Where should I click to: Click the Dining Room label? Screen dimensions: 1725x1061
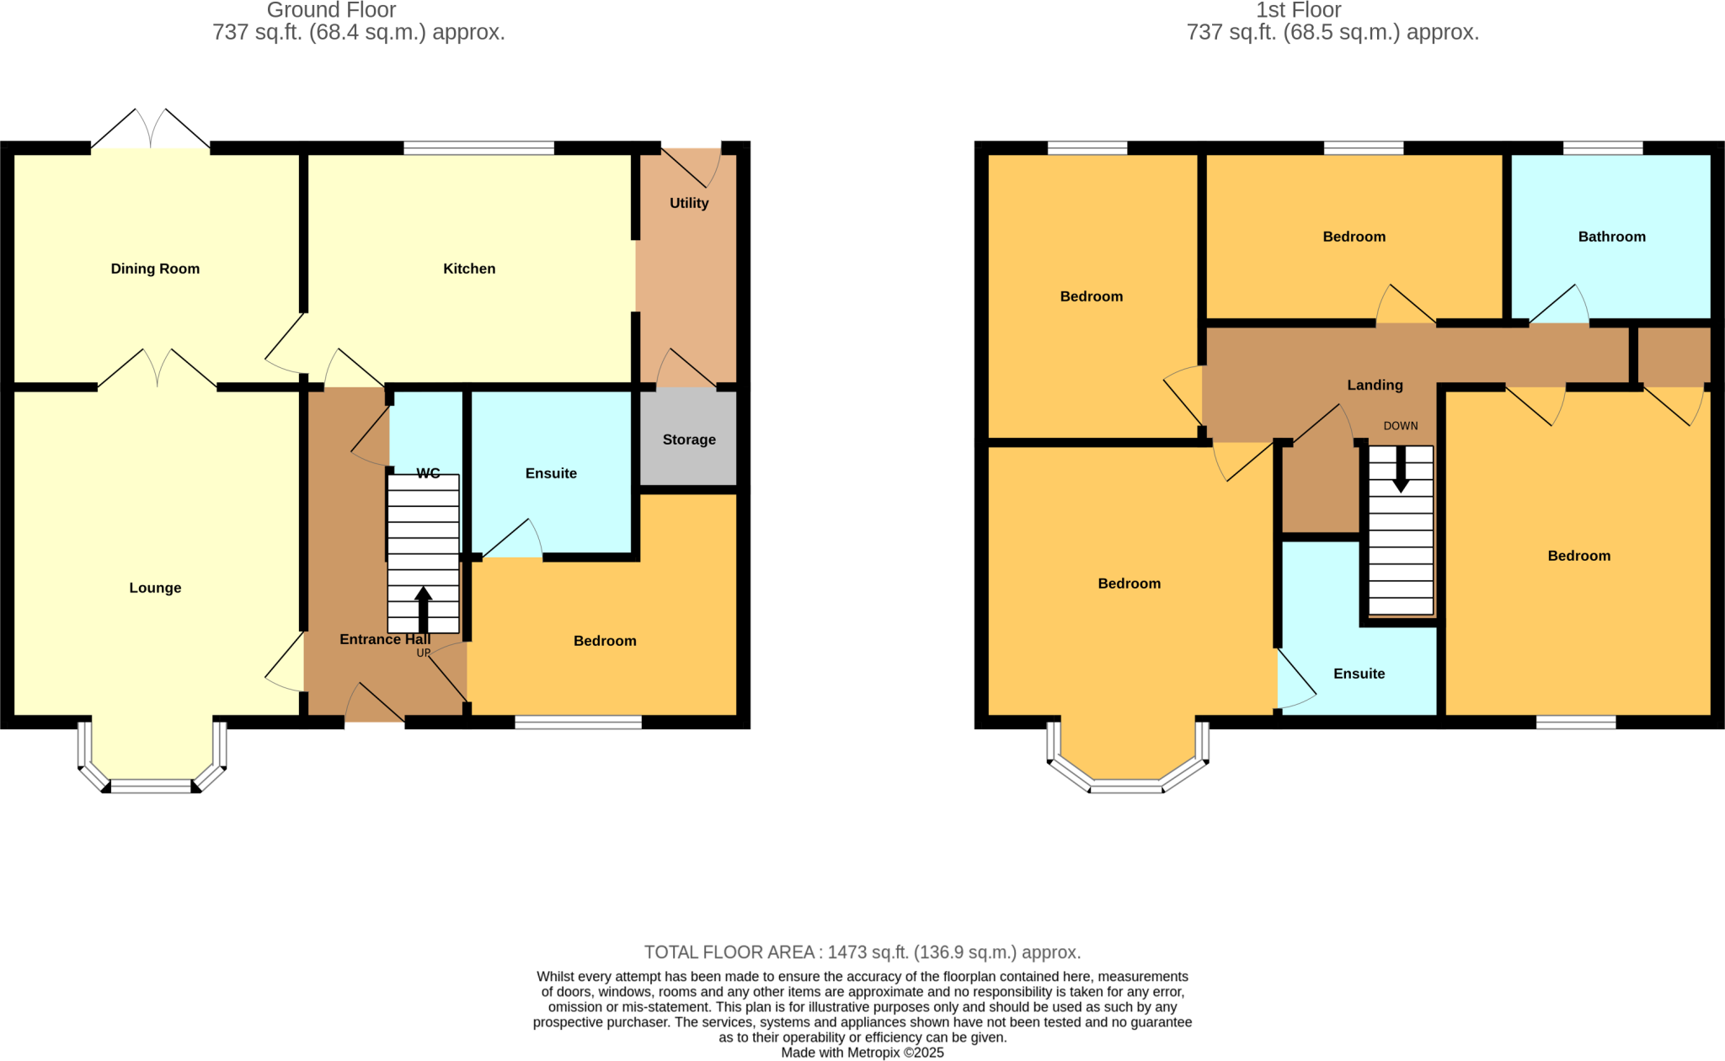click(155, 269)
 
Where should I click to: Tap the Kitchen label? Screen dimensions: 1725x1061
click(469, 269)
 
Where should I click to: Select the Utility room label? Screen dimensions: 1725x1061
click(689, 203)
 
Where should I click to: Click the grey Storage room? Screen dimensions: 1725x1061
click(689, 439)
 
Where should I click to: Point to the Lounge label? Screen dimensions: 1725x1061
click(155, 588)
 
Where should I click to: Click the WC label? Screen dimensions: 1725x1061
click(428, 473)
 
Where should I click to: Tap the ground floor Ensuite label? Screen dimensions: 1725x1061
click(551, 473)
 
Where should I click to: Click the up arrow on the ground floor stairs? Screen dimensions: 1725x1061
click(424, 610)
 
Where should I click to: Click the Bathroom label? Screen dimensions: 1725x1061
click(1611, 237)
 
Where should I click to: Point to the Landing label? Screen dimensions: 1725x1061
click(1375, 385)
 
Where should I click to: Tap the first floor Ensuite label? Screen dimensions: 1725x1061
click(1359, 674)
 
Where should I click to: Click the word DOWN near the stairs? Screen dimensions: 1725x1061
click(1401, 426)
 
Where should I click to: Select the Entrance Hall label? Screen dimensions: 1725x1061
click(385, 639)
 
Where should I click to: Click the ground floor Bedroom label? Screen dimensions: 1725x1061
click(605, 641)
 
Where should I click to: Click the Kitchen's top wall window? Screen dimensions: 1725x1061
click(478, 148)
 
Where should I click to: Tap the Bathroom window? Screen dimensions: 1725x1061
click(1603, 148)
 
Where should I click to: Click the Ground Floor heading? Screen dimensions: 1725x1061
click(331, 10)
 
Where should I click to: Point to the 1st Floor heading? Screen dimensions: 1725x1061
click(1298, 10)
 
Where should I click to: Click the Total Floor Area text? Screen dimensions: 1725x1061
click(862, 952)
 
